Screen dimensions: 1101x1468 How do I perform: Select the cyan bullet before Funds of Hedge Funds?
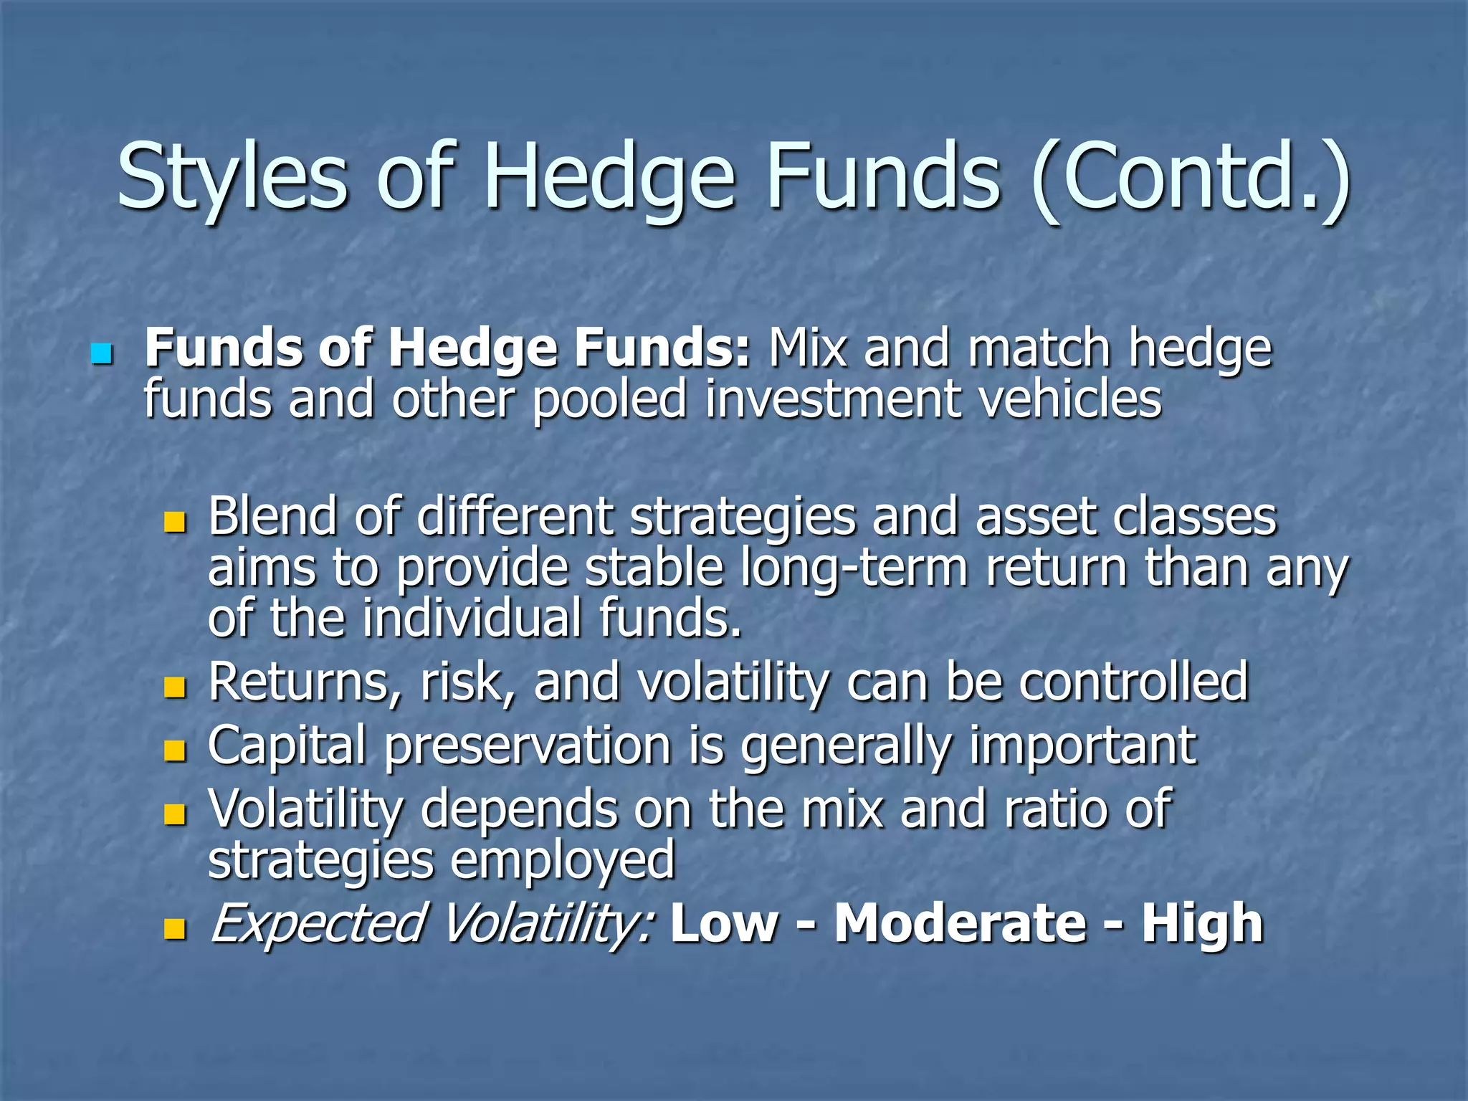click(x=103, y=353)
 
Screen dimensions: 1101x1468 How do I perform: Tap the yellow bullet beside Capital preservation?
click(x=174, y=750)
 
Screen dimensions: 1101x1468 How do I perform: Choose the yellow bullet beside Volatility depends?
click(x=174, y=814)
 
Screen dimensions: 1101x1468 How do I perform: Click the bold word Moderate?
click(x=961, y=923)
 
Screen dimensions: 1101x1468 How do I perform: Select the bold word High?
click(x=1202, y=923)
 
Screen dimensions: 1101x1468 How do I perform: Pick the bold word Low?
click(x=724, y=923)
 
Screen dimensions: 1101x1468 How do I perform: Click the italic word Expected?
click(x=318, y=923)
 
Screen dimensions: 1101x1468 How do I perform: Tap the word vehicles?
click(x=1069, y=399)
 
